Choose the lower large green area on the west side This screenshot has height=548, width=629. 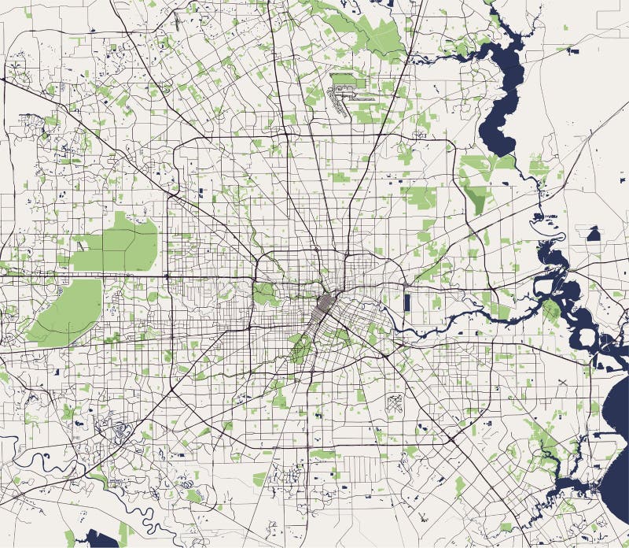coord(67,312)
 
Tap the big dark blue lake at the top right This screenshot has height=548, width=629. coord(503,87)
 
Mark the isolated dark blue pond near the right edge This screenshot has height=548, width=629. coord(593,233)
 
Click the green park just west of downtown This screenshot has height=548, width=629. coord(264,294)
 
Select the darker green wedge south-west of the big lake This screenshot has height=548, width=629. coord(474,197)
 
